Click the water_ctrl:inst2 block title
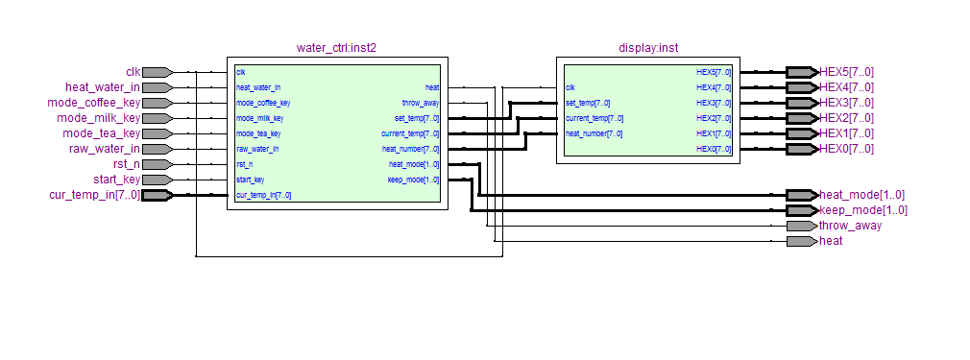(x=336, y=48)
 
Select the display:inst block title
(x=648, y=48)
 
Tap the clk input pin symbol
(x=158, y=72)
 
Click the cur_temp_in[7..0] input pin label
(x=95, y=196)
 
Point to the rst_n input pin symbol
(x=158, y=164)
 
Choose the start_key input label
(x=117, y=180)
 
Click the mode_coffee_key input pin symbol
(x=158, y=103)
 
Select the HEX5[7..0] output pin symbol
(x=802, y=72)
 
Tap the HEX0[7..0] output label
(x=846, y=149)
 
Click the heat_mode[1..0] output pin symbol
(x=802, y=196)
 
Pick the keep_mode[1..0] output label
(x=863, y=210)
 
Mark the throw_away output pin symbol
(x=802, y=226)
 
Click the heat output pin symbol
(x=802, y=241)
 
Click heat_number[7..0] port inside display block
(x=594, y=133)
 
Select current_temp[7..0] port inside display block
(x=594, y=118)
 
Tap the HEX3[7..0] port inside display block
(x=714, y=103)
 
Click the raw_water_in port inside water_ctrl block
(x=257, y=149)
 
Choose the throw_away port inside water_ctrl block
(x=421, y=104)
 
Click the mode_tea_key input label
(x=102, y=133)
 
